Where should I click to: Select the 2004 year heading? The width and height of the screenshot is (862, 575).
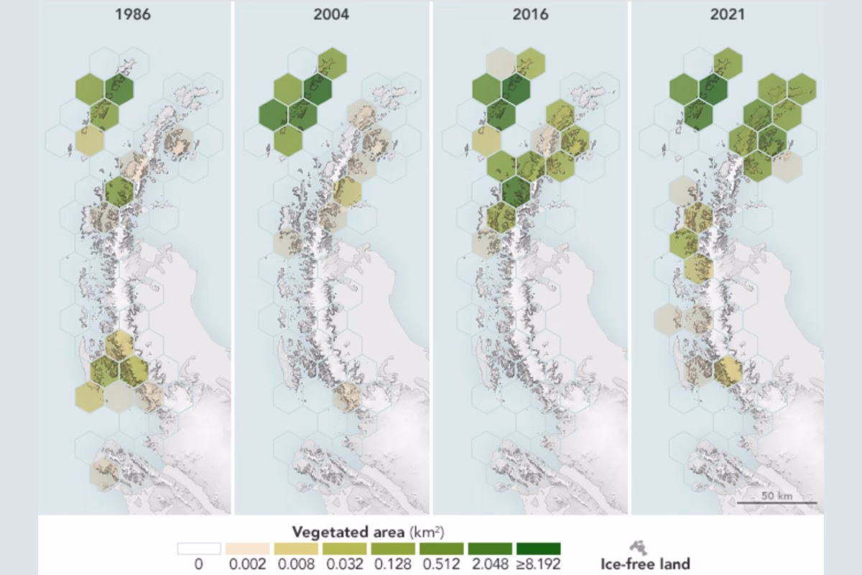pos(332,14)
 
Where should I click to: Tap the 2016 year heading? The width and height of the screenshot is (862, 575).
pos(529,14)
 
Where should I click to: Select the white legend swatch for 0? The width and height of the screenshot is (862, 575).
pos(200,548)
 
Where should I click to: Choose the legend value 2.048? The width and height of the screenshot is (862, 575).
pos(488,564)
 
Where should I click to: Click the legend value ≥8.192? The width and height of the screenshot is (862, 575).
pos(537,564)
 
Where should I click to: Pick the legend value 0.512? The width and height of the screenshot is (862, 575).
pos(440,564)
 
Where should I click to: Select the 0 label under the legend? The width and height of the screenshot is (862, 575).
pos(199,564)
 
